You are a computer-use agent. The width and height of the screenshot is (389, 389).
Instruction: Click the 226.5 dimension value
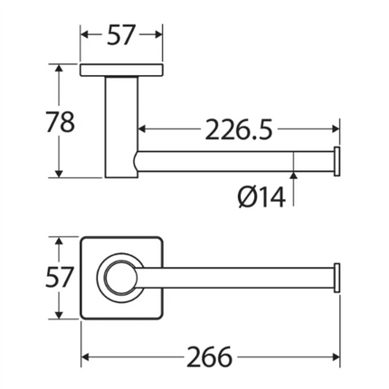239,129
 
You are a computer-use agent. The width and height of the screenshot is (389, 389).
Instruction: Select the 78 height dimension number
61,122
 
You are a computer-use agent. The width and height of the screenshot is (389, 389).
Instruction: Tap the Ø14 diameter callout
261,197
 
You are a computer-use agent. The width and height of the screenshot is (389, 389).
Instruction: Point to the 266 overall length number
210,357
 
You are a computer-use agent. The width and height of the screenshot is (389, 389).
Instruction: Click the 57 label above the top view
120,34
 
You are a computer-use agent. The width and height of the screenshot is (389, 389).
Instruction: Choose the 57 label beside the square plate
59,277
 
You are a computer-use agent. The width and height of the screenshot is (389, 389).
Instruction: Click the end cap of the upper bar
337,161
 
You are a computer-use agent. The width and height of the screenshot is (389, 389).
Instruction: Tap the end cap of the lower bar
337,278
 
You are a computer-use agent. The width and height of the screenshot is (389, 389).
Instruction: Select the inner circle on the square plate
119,278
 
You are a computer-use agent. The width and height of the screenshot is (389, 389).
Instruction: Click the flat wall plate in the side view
121,70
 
